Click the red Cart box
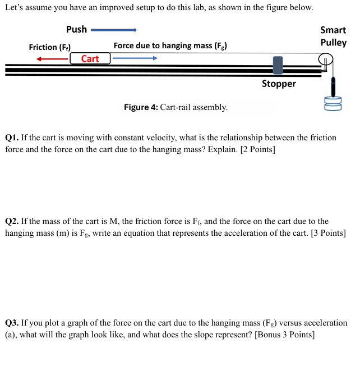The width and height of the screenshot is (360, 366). pyautogui.click(x=90, y=58)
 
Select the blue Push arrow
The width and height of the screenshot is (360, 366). pyautogui.click(x=114, y=30)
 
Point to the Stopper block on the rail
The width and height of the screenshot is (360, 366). pyautogui.click(x=278, y=65)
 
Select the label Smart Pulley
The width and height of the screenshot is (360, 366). pyautogui.click(x=333, y=36)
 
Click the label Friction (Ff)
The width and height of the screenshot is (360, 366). pyautogui.click(x=49, y=47)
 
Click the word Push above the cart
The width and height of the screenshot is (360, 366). pyautogui.click(x=76, y=29)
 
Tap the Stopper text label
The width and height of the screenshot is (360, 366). pyautogui.click(x=279, y=84)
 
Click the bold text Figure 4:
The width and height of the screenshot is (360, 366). pyautogui.click(x=141, y=107)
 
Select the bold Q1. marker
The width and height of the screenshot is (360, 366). pyautogui.click(x=12, y=138)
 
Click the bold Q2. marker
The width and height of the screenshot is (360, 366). pyautogui.click(x=12, y=222)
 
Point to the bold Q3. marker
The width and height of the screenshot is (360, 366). pyautogui.click(x=12, y=323)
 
